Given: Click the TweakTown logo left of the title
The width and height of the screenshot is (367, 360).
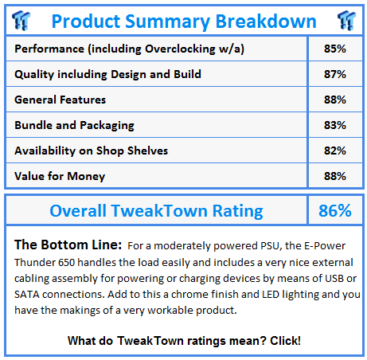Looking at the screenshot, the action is (x=21, y=21).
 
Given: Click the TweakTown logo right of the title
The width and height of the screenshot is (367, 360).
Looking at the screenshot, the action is (x=346, y=21).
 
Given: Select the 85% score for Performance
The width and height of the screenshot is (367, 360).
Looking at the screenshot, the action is (x=335, y=49).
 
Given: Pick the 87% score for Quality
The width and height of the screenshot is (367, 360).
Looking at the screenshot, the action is (x=335, y=74).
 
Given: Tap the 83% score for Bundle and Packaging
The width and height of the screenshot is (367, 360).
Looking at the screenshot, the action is (x=335, y=125).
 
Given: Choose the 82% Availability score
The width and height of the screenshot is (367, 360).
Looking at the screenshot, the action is (x=335, y=151).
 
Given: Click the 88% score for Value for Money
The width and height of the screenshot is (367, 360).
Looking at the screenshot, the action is (x=335, y=176).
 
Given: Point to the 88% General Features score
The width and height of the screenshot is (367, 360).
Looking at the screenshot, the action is (x=335, y=100).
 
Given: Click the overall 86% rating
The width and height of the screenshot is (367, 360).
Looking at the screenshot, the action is (x=335, y=211).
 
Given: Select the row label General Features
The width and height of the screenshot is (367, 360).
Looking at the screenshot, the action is (x=60, y=100).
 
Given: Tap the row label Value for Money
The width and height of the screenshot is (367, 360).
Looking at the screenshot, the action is (x=60, y=176).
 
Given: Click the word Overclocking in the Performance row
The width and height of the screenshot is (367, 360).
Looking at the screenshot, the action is (x=180, y=49).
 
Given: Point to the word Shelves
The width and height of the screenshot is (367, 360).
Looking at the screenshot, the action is (x=147, y=151).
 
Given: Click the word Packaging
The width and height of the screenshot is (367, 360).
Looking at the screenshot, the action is (x=107, y=126).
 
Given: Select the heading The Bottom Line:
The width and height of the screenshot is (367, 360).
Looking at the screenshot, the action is (x=68, y=245).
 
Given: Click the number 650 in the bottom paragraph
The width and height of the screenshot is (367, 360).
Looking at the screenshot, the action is (x=66, y=262).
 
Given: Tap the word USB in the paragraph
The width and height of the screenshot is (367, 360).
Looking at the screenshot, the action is (x=334, y=278).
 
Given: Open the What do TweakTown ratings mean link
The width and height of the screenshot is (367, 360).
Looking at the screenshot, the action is (x=184, y=341).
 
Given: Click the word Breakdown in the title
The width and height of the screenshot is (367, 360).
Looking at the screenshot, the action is (x=266, y=21).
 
